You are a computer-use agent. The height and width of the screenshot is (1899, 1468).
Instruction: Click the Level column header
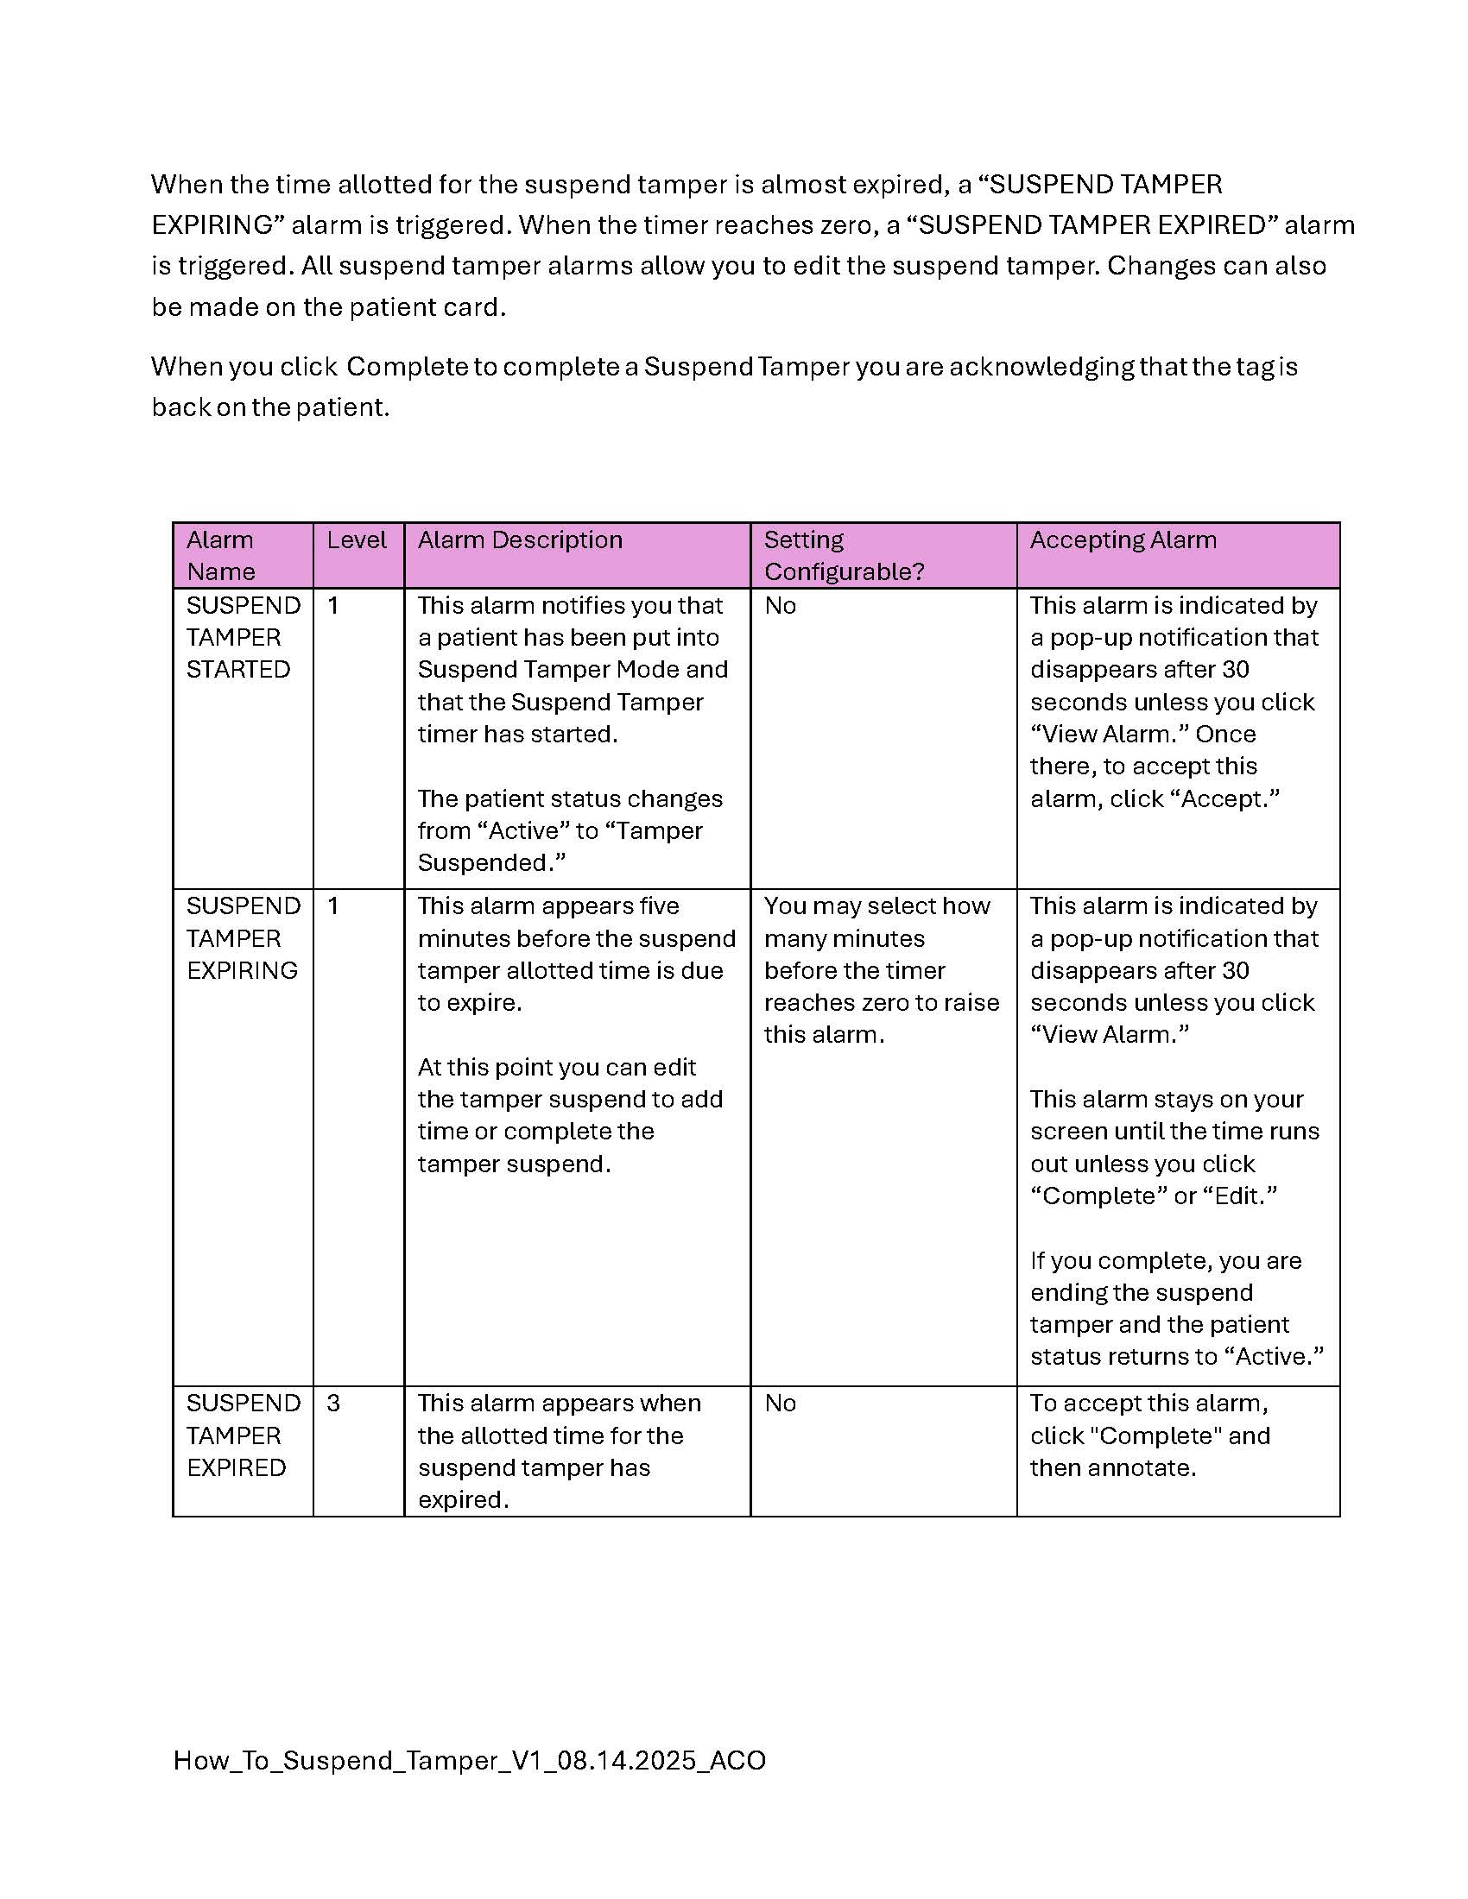357,540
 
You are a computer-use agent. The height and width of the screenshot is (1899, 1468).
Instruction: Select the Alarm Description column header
519,540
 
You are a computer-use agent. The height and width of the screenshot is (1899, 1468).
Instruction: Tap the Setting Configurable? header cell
843,556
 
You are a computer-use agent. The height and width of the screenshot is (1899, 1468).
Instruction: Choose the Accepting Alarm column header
1123,540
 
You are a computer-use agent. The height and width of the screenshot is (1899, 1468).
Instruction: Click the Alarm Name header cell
221,556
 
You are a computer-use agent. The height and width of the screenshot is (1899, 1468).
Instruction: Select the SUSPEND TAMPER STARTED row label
243,637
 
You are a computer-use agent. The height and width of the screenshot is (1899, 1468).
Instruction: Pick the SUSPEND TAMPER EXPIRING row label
243,938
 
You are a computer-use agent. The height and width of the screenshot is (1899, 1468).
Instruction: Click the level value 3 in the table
333,1404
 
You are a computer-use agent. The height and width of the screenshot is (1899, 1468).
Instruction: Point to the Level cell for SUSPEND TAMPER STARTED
333,606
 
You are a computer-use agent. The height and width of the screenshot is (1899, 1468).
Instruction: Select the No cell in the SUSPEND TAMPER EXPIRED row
780,1404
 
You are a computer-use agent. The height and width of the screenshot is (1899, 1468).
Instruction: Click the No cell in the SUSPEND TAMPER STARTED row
780,606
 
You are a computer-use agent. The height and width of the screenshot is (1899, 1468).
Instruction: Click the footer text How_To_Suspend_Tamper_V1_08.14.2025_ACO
469,1761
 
